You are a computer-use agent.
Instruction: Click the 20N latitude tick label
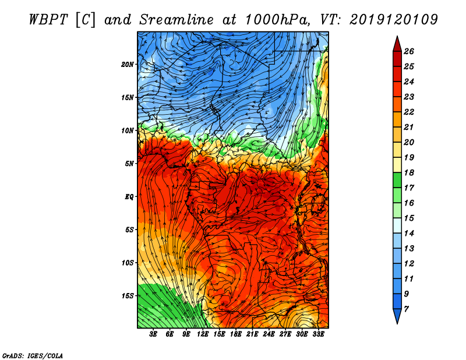tap(127, 65)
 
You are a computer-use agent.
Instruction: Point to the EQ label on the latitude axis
tap(129, 197)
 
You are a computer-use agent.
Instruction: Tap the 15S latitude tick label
tap(128, 296)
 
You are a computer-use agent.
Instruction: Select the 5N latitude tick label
tap(129, 164)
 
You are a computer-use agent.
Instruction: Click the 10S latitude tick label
tap(128, 263)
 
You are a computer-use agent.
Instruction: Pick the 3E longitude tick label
tap(153, 334)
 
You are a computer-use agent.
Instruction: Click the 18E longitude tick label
tap(236, 334)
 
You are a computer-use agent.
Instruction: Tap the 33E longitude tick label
tap(318, 334)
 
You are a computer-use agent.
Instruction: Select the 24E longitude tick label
tap(269, 334)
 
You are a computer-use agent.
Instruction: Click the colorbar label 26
tap(409, 51)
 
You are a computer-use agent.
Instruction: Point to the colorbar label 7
tap(406, 309)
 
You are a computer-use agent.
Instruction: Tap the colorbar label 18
tap(409, 172)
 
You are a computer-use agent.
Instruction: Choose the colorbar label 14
tap(409, 234)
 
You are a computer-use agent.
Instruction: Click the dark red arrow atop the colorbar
tap(397, 45)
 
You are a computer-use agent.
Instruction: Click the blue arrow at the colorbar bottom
tap(397, 315)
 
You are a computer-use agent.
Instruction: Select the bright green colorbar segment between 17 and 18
tap(397, 180)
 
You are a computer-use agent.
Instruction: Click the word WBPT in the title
tap(48, 20)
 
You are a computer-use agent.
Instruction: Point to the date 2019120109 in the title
tap(394, 20)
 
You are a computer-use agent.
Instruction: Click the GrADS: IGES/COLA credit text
tap(33, 356)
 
